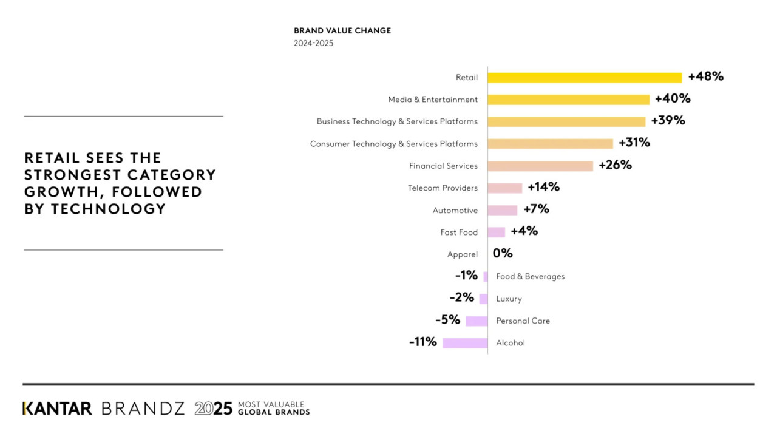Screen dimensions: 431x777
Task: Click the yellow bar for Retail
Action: (x=585, y=78)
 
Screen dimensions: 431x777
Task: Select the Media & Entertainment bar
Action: (x=568, y=100)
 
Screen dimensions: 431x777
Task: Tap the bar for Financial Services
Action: (x=540, y=166)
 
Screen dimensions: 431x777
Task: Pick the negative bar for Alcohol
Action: (x=465, y=343)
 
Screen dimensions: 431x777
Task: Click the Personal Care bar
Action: (x=477, y=321)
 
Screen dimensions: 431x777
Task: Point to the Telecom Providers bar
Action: (x=504, y=188)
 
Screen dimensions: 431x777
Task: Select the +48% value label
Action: (x=705, y=76)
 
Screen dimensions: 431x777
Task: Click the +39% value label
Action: (x=668, y=120)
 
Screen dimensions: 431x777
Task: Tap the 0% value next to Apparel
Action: (x=503, y=253)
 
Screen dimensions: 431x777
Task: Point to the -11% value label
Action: (x=423, y=342)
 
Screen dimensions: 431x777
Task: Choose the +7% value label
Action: (x=536, y=209)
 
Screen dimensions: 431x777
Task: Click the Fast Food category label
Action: (x=459, y=232)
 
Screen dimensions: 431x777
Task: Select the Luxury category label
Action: (x=509, y=299)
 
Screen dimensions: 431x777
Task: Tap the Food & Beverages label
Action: (x=530, y=277)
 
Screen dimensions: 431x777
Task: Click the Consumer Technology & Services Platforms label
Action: (x=393, y=144)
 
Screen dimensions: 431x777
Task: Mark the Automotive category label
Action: (x=455, y=211)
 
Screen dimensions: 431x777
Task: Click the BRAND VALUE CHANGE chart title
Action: (x=342, y=30)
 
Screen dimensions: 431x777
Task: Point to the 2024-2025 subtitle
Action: (x=313, y=44)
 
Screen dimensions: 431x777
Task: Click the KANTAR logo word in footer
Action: (x=57, y=409)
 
